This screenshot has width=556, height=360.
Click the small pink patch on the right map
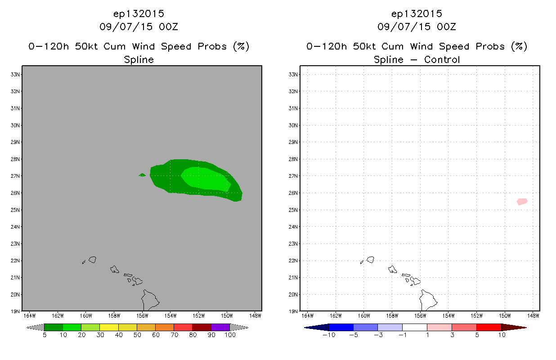[x=522, y=202]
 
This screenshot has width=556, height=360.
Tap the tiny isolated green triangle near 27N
[x=142, y=175]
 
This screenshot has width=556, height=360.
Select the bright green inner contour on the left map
[x=206, y=179]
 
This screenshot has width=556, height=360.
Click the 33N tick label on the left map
[x=15, y=75]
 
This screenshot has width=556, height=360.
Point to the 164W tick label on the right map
[x=308, y=316]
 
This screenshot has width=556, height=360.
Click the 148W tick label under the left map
[x=255, y=316]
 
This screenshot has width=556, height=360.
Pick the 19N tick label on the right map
[x=293, y=311]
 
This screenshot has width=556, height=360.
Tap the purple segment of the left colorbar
[x=220, y=327]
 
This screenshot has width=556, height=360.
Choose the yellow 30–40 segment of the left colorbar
[x=109, y=327]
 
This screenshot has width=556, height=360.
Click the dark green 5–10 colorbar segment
[x=54, y=327]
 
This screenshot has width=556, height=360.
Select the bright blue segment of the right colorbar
[x=341, y=327]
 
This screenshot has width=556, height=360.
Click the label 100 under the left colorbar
[x=230, y=335]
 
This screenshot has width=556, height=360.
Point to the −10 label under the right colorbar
[x=329, y=335]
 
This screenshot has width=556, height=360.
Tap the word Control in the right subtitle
[x=442, y=59]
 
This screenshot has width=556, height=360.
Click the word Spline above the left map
[x=139, y=60]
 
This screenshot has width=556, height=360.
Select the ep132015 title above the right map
[x=417, y=14]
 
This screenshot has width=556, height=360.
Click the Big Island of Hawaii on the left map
[x=150, y=300]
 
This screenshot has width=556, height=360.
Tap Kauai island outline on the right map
[x=370, y=260]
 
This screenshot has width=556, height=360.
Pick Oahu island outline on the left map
[x=114, y=270]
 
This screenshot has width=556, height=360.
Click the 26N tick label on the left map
[x=15, y=193]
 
